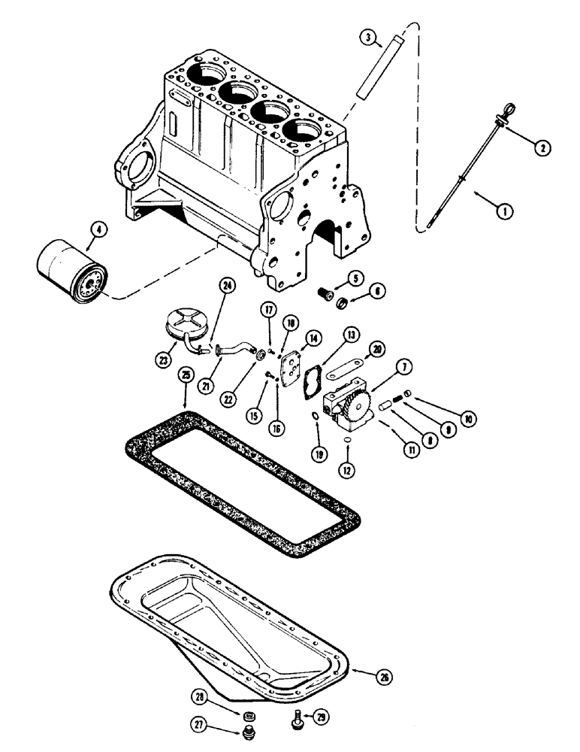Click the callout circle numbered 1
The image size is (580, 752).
(x=505, y=212)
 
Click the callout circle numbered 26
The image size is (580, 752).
(x=384, y=676)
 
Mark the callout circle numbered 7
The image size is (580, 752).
(x=403, y=368)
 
